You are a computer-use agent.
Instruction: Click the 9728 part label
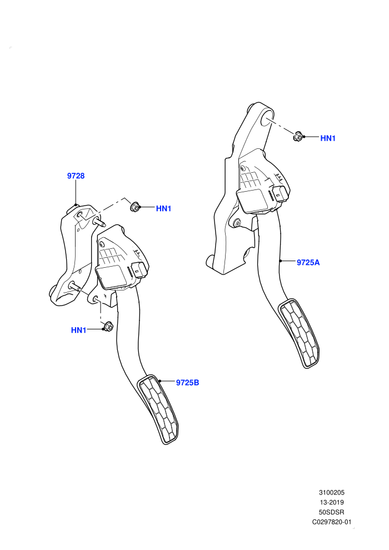[76, 176]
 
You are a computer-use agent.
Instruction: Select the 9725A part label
[308, 262]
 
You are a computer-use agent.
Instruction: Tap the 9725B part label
[187, 383]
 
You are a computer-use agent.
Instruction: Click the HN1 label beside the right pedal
[328, 138]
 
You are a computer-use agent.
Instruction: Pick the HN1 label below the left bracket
[78, 330]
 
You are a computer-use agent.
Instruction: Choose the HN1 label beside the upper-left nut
[163, 208]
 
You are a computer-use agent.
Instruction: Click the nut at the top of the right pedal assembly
[298, 136]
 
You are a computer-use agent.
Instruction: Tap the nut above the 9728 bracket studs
[134, 207]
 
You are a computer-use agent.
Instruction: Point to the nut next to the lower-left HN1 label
[108, 327]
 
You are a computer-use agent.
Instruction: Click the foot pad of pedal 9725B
[158, 409]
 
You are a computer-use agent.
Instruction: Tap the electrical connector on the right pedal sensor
[281, 193]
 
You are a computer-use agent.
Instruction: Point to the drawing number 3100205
[331, 492]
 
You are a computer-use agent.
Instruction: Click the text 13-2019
[331, 502]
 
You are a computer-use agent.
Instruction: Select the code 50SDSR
[331, 512]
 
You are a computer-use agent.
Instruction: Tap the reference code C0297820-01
[331, 522]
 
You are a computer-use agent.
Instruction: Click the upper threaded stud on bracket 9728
[99, 222]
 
